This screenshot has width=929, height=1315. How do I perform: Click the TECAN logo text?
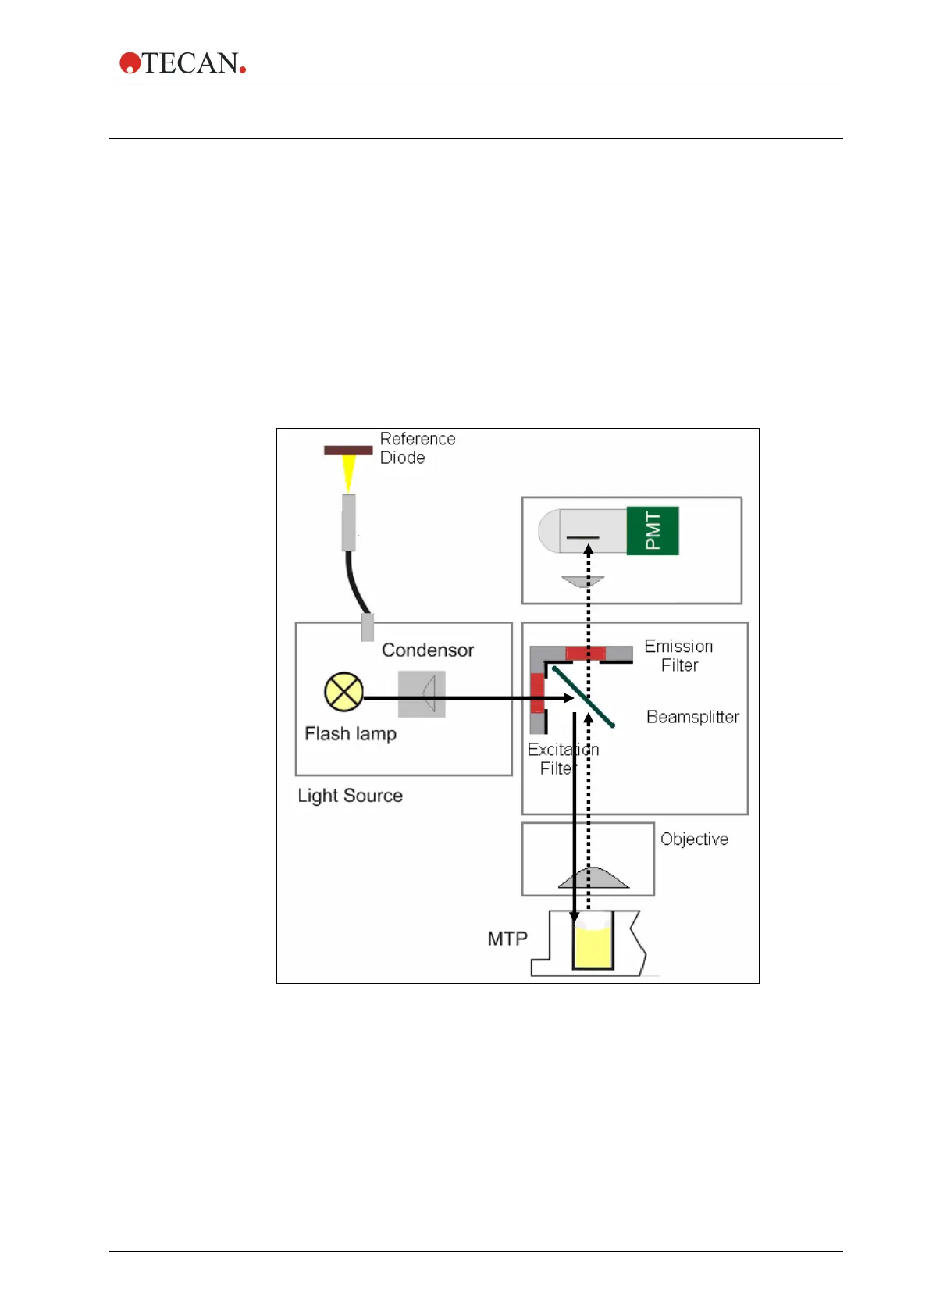coord(190,63)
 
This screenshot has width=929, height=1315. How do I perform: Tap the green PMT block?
coord(653,531)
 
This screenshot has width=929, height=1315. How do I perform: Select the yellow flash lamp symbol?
coord(343,692)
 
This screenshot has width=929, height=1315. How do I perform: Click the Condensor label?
coord(428,650)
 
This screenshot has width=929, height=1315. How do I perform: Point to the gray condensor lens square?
coord(422,693)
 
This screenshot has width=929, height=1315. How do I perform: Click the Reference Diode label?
coord(417,448)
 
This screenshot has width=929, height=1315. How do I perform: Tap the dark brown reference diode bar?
coord(348,450)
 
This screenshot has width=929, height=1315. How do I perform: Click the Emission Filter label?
coord(678,656)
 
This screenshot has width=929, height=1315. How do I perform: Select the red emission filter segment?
coord(586,654)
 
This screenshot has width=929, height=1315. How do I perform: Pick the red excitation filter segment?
coord(538,693)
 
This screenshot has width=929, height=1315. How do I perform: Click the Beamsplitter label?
coord(692,717)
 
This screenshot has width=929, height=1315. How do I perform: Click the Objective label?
coord(694,839)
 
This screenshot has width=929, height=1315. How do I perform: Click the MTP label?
coord(507,939)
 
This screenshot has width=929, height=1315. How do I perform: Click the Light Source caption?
coord(350,796)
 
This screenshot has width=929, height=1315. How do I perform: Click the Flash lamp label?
coord(351,734)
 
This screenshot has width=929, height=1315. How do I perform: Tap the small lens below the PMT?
coord(583,582)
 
